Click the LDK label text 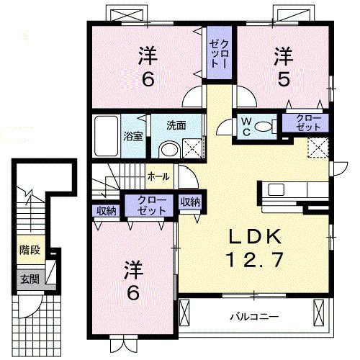pyautogui.click(x=254, y=236)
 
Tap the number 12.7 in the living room pyautogui.click(x=254, y=259)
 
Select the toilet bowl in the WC pyautogui.click(x=264, y=126)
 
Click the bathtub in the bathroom pyautogui.click(x=107, y=135)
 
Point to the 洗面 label pyautogui.click(x=176, y=125)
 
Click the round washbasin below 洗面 pyautogui.click(x=170, y=149)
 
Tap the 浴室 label pyautogui.click(x=133, y=136)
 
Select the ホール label pyautogui.click(x=158, y=177)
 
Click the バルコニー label pyautogui.click(x=254, y=317)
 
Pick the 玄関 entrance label pyautogui.click(x=30, y=279)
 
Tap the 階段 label pyautogui.click(x=30, y=250)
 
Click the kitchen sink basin pyautogui.click(x=276, y=189)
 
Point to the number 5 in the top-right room pyautogui.click(x=284, y=79)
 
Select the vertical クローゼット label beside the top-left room pyautogui.click(x=218, y=54)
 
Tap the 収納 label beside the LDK pyautogui.click(x=190, y=202)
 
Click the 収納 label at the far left pyautogui.click(x=107, y=211)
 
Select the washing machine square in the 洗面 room pyautogui.click(x=192, y=148)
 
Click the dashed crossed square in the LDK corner pyautogui.click(x=318, y=148)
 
